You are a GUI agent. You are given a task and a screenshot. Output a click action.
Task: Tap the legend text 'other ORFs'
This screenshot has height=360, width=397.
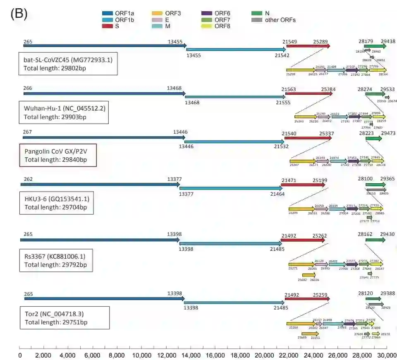tap(280, 20)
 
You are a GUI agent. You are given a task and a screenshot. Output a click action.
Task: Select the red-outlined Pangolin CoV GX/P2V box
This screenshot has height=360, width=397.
tap(58, 155)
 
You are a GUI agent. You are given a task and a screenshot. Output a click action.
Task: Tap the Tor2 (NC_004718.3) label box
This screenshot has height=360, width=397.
tap(65, 318)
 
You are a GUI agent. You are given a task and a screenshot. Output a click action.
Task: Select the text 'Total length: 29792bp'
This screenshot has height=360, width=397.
tap(56, 264)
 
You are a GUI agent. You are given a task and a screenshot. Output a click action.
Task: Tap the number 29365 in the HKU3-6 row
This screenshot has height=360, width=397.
tap(387, 179)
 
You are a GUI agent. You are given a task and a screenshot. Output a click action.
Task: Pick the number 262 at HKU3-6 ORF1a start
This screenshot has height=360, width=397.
tap(28, 179)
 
